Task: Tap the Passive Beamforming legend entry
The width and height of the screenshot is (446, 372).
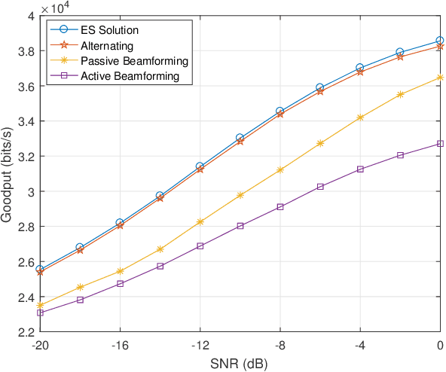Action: [x=125, y=60]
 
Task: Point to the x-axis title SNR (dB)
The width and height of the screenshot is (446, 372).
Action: [x=240, y=362]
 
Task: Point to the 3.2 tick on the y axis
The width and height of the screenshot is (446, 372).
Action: [x=26, y=157]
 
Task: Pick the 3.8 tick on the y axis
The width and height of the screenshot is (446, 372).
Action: [x=26, y=51]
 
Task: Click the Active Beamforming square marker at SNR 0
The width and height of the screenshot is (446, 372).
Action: [x=440, y=144]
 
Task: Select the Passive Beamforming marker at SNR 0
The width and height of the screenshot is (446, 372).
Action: [x=440, y=77]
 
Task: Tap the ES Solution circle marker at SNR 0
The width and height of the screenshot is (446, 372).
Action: [x=440, y=41]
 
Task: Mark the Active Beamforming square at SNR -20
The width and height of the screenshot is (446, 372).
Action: [x=40, y=313]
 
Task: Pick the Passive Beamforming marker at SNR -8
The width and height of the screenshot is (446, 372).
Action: [x=280, y=170]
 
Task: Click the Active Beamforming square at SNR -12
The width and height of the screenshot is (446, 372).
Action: [x=200, y=246]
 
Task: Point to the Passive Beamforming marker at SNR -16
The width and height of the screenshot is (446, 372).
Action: [x=120, y=271]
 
